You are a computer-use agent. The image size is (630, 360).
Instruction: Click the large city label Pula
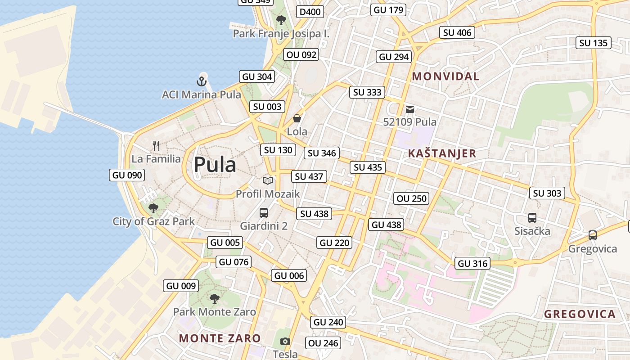[215, 165]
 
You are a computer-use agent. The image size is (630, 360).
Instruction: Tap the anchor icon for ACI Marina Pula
[202, 81]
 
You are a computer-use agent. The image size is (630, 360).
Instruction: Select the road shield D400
[310, 12]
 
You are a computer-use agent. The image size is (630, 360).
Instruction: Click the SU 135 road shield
[594, 43]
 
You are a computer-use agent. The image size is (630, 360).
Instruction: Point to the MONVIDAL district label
[445, 76]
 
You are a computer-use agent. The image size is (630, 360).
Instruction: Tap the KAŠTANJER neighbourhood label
[442, 153]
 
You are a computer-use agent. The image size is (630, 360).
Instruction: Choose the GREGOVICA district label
[580, 315]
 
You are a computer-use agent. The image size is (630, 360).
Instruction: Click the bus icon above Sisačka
[532, 218]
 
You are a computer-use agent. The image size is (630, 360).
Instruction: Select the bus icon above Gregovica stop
[593, 235]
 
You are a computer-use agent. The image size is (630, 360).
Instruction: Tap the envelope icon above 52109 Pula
[409, 109]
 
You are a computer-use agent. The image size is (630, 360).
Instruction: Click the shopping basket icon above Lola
[297, 118]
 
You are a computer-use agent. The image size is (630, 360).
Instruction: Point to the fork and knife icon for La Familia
[156, 145]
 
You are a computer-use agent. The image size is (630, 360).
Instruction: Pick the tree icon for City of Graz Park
[153, 208]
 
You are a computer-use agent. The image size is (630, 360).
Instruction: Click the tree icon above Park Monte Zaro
[215, 298]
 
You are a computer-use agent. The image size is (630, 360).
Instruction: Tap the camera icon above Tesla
[285, 341]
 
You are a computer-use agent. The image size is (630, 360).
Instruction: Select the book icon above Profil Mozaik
[268, 180]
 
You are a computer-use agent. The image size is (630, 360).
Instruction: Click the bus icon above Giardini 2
[264, 213]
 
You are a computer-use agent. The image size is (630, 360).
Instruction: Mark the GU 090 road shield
[127, 175]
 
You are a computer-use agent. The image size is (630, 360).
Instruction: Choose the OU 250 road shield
[411, 198]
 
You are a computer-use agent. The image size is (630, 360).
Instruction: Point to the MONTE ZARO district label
[220, 338]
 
